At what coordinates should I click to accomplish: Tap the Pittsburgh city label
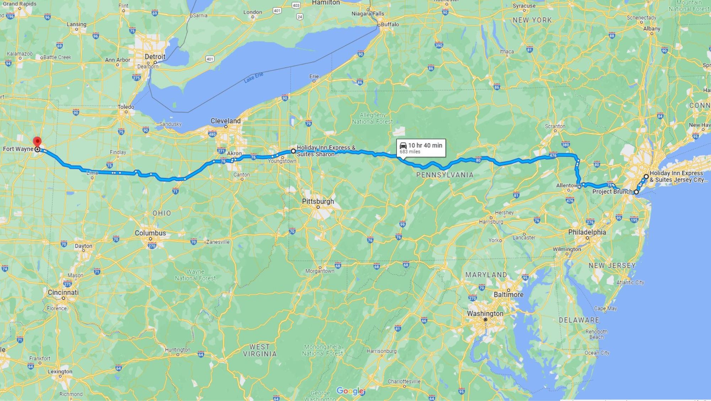tap(318, 201)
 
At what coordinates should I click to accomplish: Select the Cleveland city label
tap(225, 121)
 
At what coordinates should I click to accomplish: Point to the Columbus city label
tap(150, 233)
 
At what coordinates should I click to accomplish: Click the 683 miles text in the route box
tap(410, 152)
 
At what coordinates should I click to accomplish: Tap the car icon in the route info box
tap(403, 145)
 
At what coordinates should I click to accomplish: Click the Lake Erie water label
tap(253, 77)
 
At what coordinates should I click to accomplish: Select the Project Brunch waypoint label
tap(612, 192)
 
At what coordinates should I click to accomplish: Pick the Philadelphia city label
tap(587, 232)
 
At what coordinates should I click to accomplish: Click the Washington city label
tap(485, 314)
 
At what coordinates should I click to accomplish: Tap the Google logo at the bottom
tap(350, 391)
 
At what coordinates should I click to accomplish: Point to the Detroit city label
tap(155, 57)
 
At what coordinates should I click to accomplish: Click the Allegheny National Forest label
tap(372, 118)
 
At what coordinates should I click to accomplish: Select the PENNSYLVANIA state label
tap(445, 175)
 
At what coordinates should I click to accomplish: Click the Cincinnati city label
tap(63, 292)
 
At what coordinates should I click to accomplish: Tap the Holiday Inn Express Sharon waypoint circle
tap(293, 151)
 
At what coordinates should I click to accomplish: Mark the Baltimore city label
tap(508, 295)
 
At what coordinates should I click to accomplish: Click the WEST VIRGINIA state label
tap(260, 350)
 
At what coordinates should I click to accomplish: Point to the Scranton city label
tap(555, 126)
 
